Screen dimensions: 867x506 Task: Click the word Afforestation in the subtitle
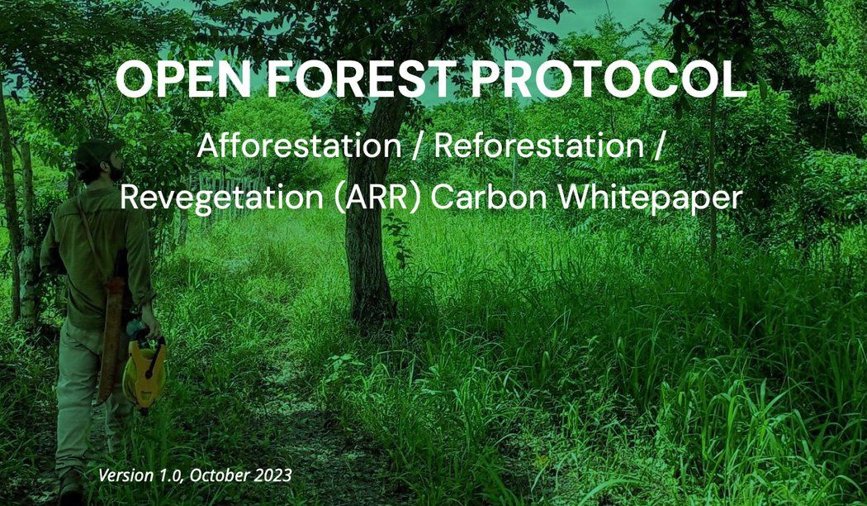point(299,146)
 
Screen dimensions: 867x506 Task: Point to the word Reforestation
point(539,146)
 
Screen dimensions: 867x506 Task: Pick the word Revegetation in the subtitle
point(222,198)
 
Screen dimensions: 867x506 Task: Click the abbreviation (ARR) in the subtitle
point(378,198)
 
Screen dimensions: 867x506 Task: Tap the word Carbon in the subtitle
point(489,198)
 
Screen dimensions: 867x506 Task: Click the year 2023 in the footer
point(273,475)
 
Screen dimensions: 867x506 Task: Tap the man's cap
point(97,150)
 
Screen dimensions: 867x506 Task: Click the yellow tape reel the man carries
point(144,368)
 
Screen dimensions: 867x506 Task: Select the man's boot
point(72,487)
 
